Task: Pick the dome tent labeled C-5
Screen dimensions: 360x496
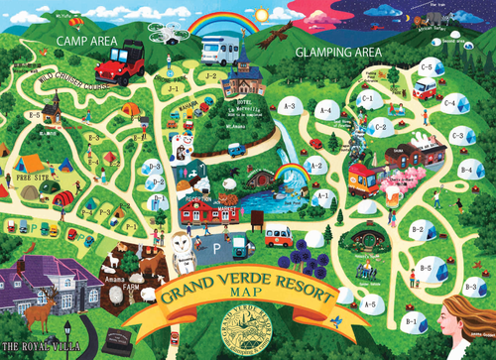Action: (x=427, y=67)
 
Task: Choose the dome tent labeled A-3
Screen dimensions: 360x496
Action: (x=291, y=107)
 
